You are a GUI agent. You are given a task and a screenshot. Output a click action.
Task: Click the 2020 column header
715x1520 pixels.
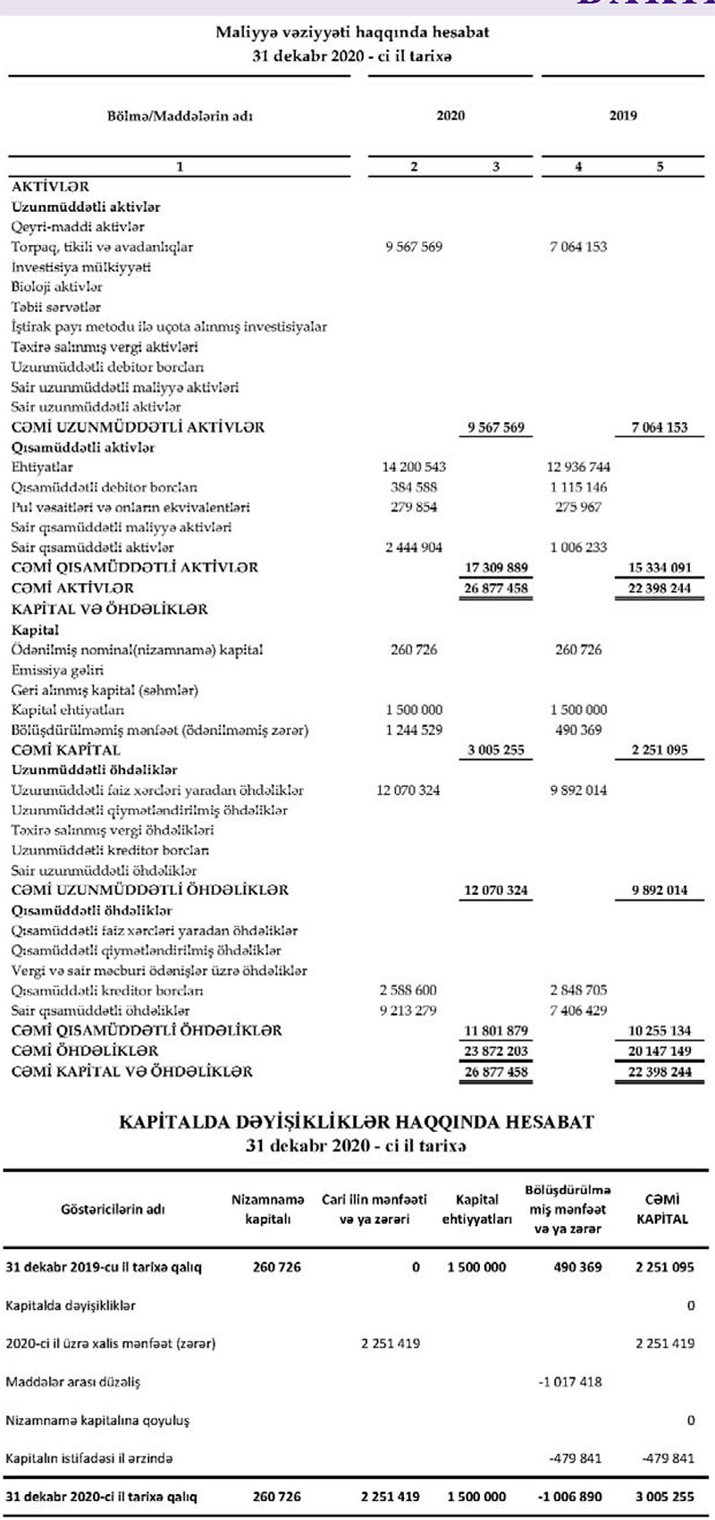450,115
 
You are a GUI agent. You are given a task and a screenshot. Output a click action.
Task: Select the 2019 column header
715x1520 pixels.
623,115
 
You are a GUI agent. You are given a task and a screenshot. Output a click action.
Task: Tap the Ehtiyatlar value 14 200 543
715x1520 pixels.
414,467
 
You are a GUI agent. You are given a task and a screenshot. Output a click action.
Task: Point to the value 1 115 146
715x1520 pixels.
578,487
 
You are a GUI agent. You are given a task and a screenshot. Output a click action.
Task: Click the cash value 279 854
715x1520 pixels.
414,507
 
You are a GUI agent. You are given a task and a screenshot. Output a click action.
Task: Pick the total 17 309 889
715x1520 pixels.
497,568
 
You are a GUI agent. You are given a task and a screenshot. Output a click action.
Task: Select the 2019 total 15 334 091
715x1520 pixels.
660,568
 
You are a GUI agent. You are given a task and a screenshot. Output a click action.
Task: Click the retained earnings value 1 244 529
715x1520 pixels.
414,730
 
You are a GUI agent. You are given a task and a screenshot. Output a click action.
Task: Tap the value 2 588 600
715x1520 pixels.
408,991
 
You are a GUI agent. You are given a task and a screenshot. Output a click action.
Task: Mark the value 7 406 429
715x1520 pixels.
578,1010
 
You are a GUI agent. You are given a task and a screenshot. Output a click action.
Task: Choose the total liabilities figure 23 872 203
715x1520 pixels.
497,1051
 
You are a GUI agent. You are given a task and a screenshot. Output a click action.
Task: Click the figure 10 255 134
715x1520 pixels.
660,1031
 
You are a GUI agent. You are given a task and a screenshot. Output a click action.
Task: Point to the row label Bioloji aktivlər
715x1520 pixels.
57,287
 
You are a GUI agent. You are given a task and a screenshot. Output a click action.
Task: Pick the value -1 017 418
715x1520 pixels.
570,1381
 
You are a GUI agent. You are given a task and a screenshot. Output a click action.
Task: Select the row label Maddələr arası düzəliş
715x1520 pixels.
73,1381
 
